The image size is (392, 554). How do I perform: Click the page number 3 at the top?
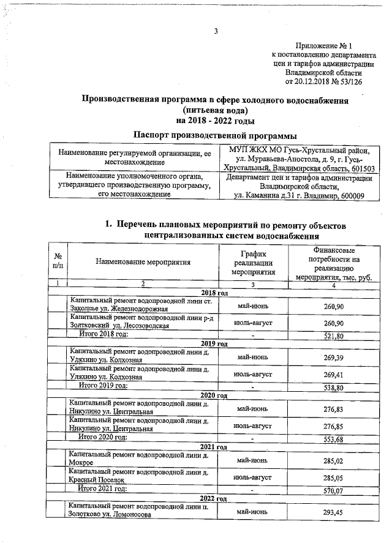click(x=216, y=32)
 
